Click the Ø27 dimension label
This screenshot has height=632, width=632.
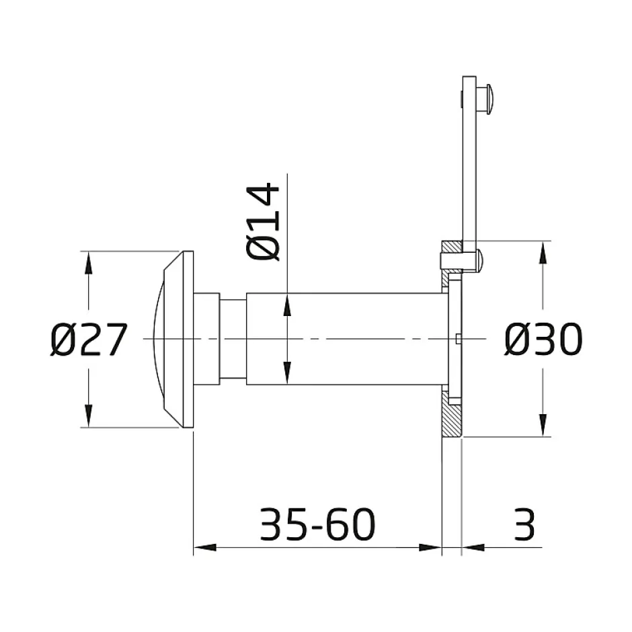point(89,340)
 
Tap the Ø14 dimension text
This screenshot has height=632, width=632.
point(262,222)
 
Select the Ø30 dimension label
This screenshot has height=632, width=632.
point(543,340)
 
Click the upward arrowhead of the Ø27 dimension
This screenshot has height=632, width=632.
point(89,264)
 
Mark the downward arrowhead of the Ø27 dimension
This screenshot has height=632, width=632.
point(89,415)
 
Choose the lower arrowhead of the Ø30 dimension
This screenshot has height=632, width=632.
point(543,425)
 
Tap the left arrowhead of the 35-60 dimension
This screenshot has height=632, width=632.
point(205,547)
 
